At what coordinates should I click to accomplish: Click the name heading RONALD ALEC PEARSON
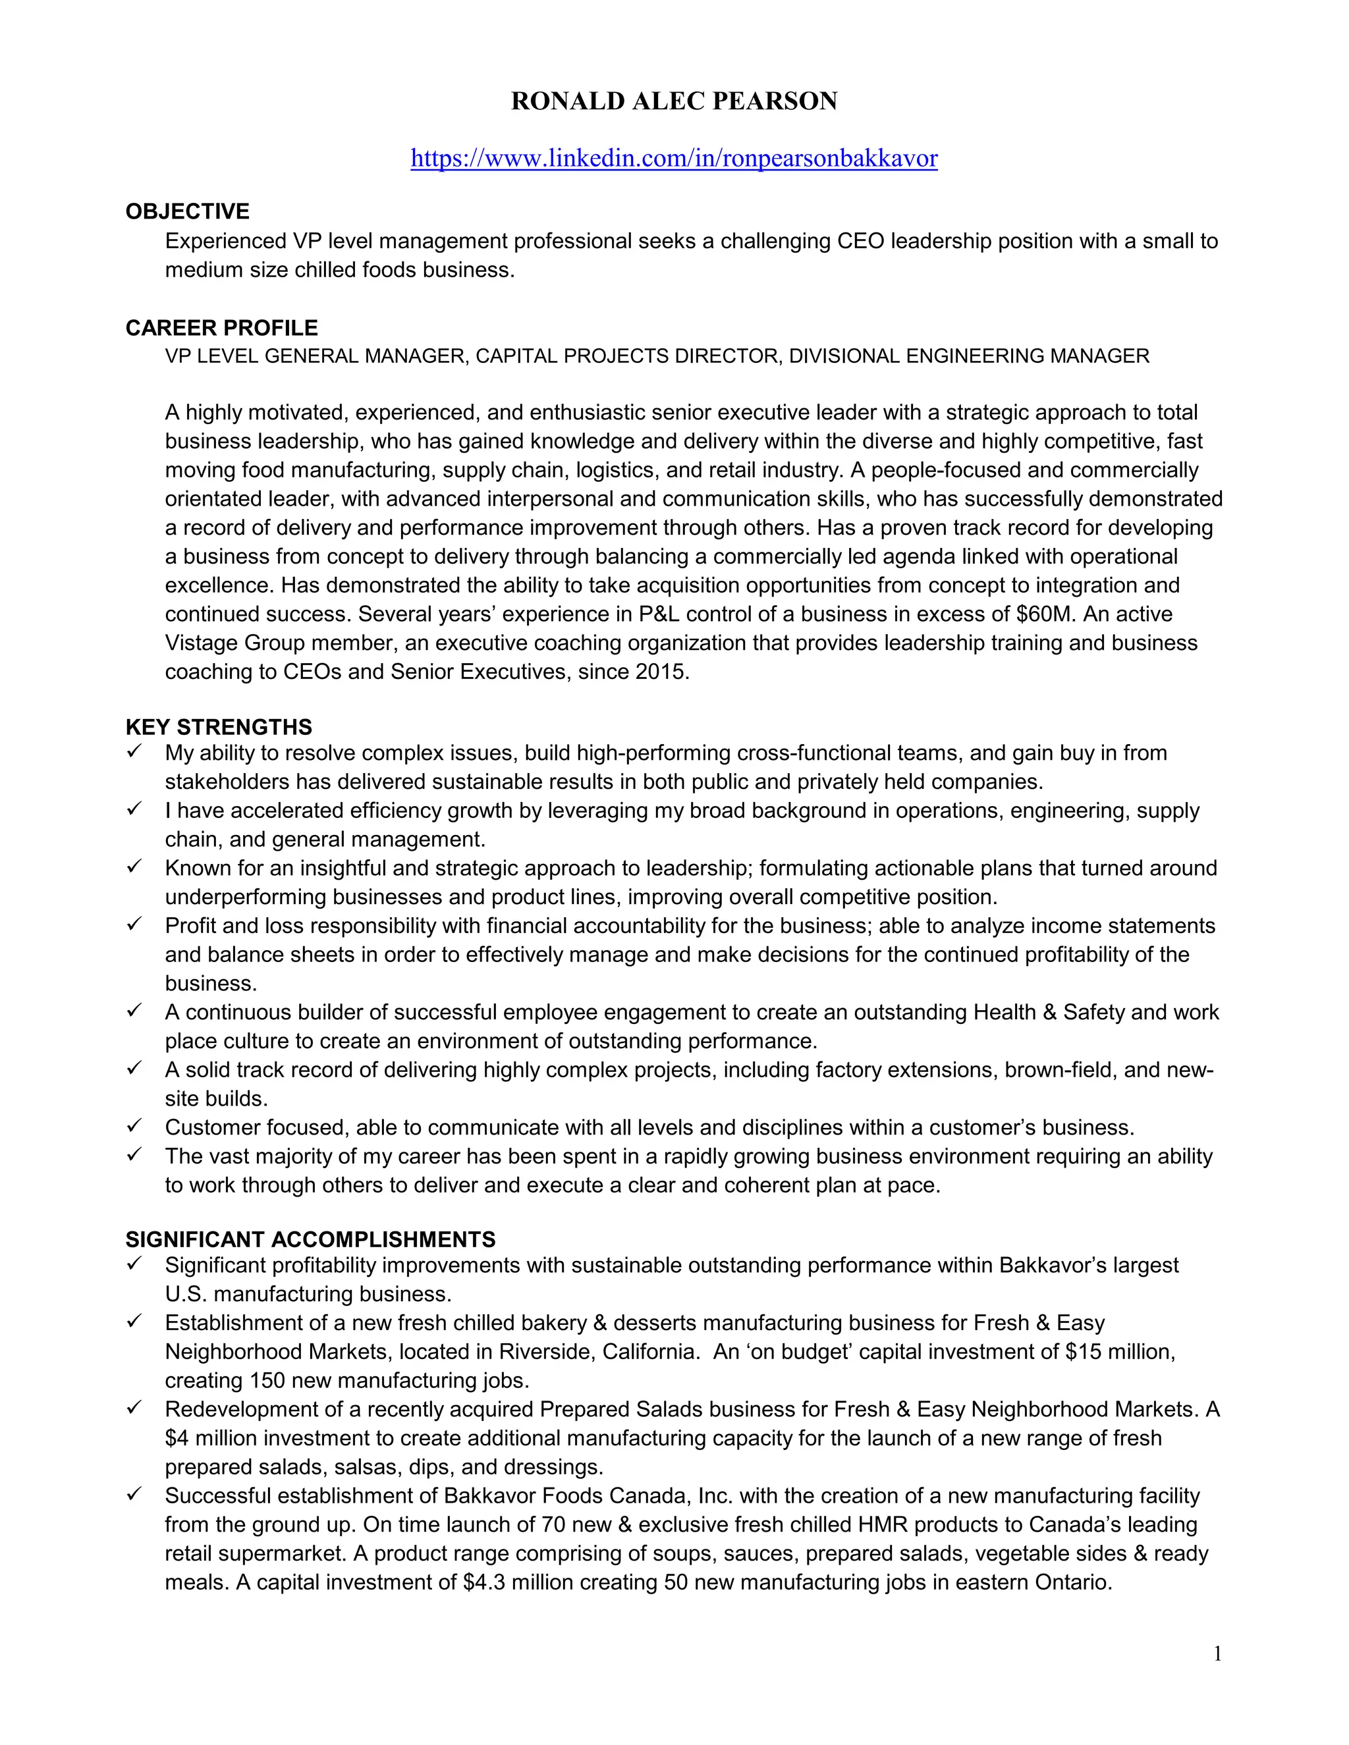point(674,101)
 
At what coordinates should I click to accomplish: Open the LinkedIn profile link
point(674,158)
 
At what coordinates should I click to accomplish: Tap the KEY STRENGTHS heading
point(218,727)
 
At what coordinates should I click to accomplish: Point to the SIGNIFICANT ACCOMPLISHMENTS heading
point(310,1239)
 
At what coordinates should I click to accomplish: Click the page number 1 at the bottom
point(1217,1654)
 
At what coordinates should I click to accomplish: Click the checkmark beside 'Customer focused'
point(134,1126)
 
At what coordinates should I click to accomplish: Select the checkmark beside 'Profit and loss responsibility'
point(134,924)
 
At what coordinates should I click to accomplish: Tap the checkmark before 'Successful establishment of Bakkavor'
point(134,1494)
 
